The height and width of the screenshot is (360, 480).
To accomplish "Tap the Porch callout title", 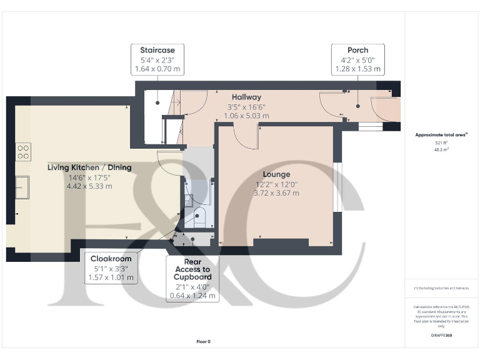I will point(357,50).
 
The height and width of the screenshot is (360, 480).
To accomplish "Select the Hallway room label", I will point(246,97).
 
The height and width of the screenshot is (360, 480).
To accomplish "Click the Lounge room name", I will point(276,174).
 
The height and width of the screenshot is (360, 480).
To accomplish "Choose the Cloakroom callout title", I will point(111,259).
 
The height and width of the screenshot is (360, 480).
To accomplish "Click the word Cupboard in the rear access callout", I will point(192,276).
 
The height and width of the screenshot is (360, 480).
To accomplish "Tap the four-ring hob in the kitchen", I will point(23,151).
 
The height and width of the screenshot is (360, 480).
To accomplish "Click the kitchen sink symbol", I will point(22,187).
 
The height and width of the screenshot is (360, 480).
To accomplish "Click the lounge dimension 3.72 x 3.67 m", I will point(276,193).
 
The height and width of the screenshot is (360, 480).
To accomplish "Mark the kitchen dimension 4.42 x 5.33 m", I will point(91,186).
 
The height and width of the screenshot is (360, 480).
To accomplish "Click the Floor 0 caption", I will point(203,341).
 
